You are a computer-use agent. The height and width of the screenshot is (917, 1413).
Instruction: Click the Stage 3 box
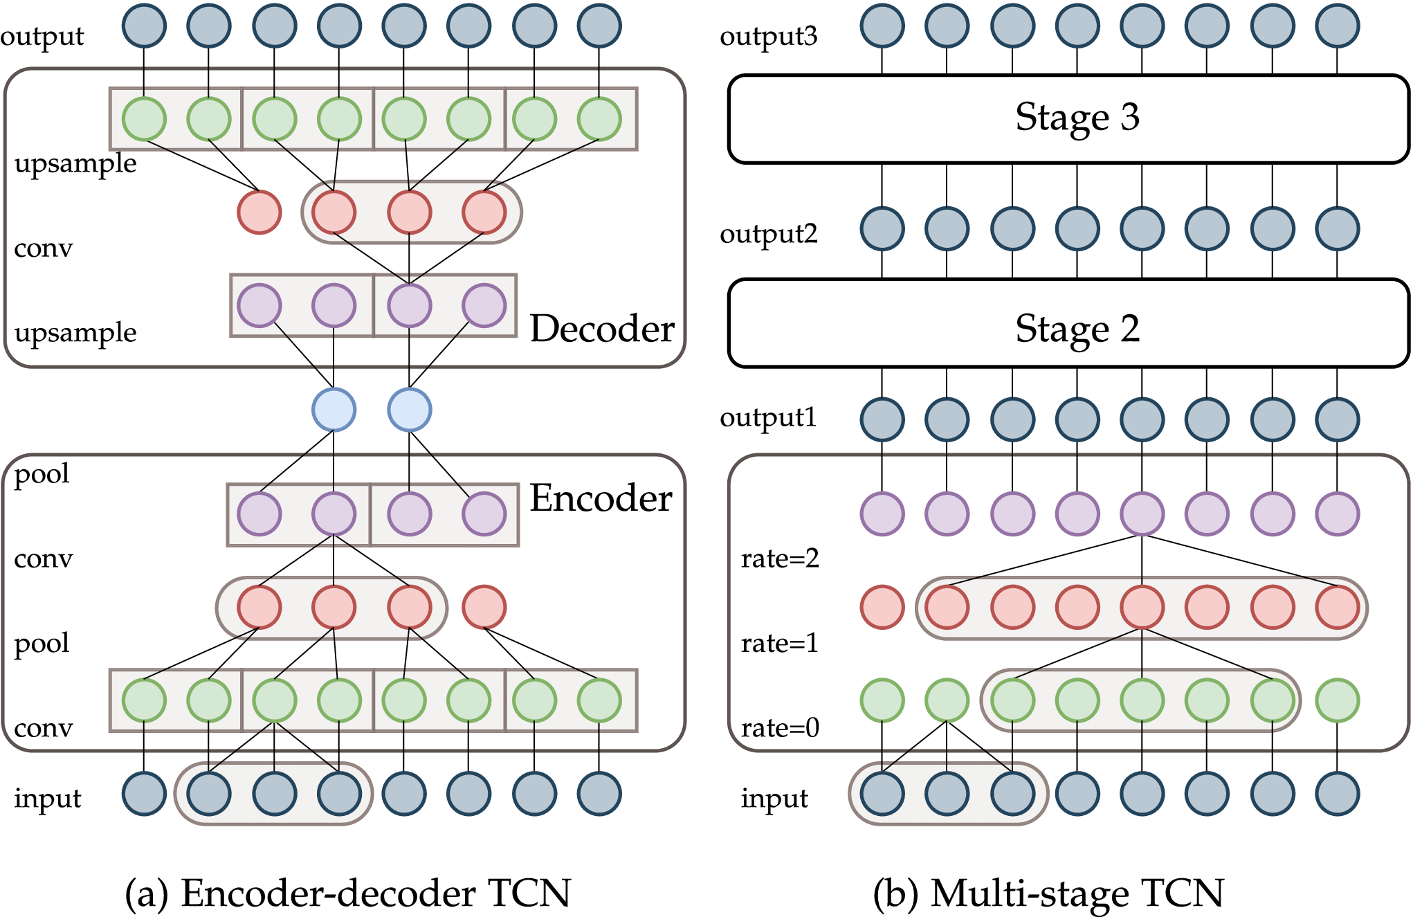[1069, 118]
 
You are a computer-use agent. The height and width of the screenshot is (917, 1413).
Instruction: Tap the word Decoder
[602, 329]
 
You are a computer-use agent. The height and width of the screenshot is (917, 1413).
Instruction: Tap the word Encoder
[601, 498]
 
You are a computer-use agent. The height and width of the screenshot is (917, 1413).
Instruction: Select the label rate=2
[780, 559]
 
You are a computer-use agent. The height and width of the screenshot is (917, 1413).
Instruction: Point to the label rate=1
[779, 644]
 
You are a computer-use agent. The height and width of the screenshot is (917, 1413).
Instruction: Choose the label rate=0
[780, 728]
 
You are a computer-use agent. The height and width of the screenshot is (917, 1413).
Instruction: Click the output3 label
[768, 36]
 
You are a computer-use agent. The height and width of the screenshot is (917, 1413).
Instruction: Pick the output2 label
[768, 234]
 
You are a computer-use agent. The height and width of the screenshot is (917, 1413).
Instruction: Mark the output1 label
[768, 417]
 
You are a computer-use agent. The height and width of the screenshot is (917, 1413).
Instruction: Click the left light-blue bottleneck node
[334, 410]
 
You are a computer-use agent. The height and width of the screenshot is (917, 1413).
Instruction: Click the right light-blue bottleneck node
[410, 410]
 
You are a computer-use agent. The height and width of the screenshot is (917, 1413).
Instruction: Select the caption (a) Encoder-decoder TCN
[347, 893]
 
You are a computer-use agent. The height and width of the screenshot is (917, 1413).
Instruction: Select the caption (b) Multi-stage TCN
[1048, 893]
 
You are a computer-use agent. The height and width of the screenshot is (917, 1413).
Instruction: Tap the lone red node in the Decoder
[259, 212]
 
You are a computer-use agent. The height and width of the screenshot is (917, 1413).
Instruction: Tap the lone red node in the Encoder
[484, 607]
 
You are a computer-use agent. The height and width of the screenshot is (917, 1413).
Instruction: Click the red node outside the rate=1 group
[882, 607]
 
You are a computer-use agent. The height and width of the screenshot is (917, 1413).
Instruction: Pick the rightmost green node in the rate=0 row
[1338, 700]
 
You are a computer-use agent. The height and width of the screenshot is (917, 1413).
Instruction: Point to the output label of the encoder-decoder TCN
[42, 36]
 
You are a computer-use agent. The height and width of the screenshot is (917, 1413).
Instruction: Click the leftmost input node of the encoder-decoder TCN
[144, 794]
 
